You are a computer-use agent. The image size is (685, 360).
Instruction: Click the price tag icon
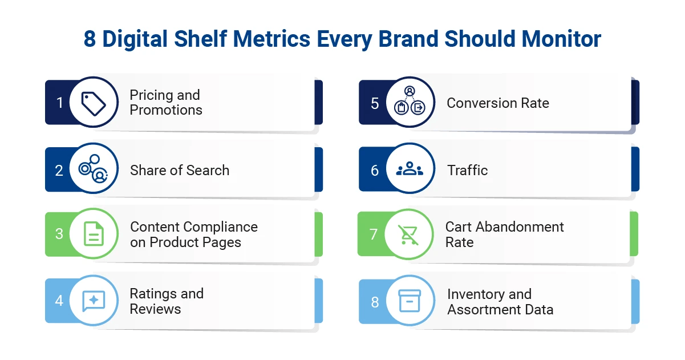click(94, 103)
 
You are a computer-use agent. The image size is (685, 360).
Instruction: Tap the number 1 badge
click(59, 103)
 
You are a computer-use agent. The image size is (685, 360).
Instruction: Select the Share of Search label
click(180, 170)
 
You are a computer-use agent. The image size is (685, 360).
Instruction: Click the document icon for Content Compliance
click(94, 234)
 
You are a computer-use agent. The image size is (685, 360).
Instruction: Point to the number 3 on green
click(59, 234)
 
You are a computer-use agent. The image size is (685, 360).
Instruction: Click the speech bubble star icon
click(94, 301)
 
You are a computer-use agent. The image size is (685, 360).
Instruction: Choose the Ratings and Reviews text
click(167, 301)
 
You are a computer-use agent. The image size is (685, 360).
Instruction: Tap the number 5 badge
click(375, 103)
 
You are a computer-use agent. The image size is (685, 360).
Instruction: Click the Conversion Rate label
click(497, 103)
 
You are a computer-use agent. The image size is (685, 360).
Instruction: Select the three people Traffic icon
click(410, 169)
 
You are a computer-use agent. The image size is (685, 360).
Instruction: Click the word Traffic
click(467, 170)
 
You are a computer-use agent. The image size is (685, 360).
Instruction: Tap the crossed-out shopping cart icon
click(408, 234)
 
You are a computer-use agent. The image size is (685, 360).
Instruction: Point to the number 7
click(374, 234)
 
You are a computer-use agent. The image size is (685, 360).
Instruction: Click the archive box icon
click(410, 301)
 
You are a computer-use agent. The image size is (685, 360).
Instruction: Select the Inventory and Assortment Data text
click(500, 302)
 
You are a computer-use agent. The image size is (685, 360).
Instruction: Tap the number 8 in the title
click(90, 39)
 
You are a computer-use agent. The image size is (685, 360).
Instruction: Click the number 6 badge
click(375, 170)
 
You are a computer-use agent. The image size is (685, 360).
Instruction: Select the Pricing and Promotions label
click(166, 103)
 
